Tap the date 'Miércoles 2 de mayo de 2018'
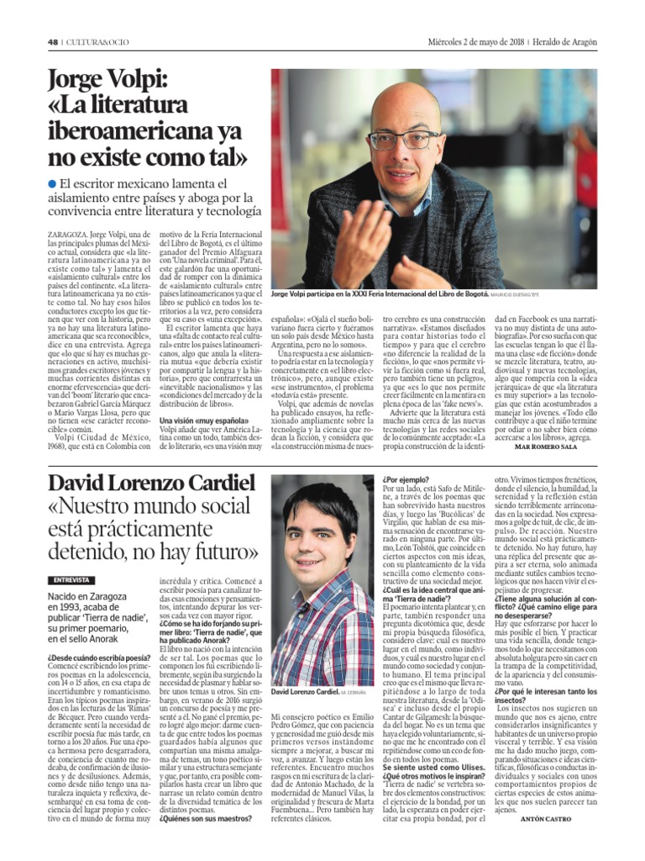(x=475, y=43)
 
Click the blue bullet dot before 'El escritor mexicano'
(x=52, y=183)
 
